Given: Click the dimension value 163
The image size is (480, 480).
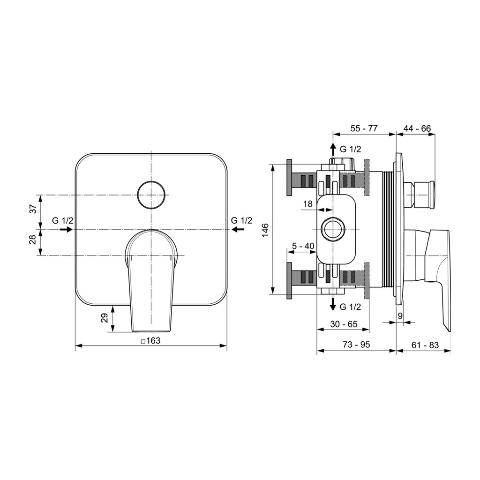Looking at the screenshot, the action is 153,340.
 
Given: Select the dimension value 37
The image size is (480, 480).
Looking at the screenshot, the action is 33,209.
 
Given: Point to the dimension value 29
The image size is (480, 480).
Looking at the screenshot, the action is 105,317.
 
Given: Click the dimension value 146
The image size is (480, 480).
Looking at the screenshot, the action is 265,230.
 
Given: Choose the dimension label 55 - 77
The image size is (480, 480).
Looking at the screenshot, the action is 364,128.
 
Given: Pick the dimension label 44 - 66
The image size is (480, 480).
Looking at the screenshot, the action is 417,128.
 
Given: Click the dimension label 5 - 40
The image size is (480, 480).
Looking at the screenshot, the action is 303,246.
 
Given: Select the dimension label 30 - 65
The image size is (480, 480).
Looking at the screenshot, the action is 344,324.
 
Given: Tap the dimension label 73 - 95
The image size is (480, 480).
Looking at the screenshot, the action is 356,345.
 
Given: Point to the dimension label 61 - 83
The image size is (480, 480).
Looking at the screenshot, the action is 425,345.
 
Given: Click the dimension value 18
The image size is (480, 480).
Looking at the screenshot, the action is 307,204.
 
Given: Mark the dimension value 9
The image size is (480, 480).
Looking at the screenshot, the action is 400,316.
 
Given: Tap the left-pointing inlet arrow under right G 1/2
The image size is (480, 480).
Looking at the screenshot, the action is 238,229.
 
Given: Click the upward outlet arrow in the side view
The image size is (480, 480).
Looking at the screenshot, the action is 333,150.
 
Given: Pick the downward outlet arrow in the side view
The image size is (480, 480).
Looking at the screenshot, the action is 333,303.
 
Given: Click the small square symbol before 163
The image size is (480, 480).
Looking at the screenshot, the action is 143,341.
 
